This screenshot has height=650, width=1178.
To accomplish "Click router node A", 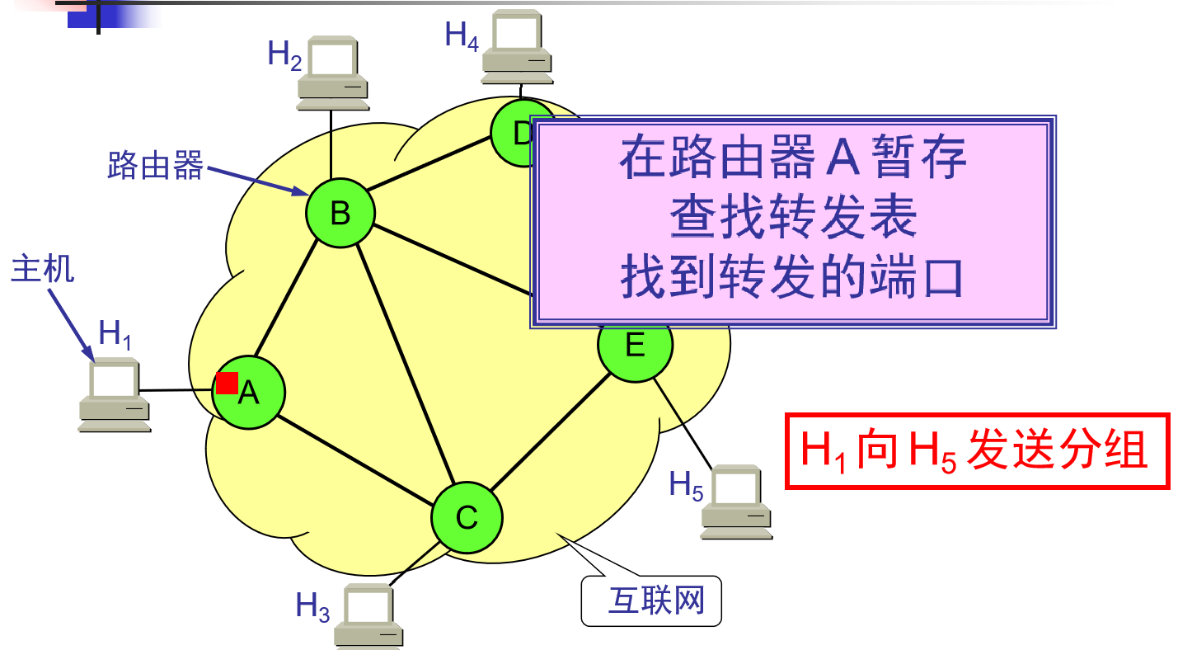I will [x=249, y=393].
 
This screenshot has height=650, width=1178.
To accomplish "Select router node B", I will [x=340, y=213].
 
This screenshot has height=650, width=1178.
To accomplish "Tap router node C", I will [x=467, y=518].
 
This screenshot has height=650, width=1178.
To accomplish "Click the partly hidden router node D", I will [x=513, y=133].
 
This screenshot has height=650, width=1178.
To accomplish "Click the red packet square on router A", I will [x=227, y=383].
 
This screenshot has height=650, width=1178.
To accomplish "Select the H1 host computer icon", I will [x=115, y=397].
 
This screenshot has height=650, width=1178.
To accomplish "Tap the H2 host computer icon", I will [x=332, y=73].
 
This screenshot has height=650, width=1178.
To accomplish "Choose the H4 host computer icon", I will [x=518, y=47].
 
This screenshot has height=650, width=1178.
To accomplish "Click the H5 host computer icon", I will [x=736, y=502].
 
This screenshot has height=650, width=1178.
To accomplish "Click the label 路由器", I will [x=155, y=167].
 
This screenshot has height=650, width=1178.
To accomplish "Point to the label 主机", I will [x=42, y=269].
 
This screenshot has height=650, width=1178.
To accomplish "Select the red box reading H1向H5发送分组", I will [x=977, y=451].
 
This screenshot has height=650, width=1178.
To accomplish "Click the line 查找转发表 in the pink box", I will [x=792, y=219].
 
